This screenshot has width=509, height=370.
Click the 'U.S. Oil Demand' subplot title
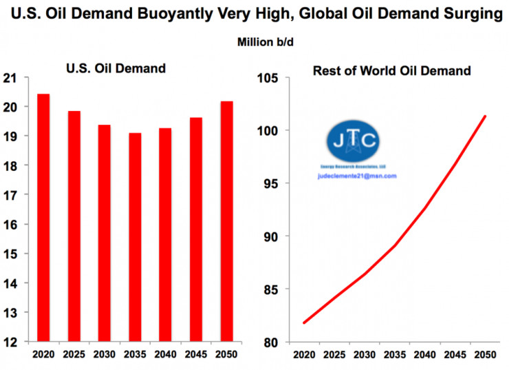click(116, 68)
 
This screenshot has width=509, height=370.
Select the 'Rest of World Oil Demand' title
click(391, 70)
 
